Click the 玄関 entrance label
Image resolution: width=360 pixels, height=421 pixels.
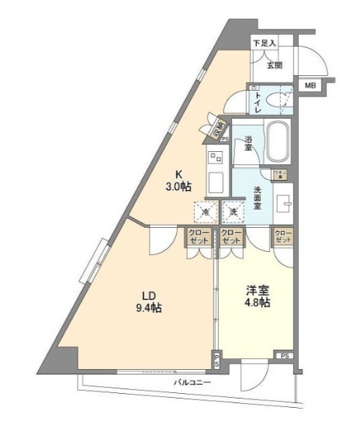(275, 65)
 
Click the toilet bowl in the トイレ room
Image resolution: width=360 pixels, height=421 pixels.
(275, 98)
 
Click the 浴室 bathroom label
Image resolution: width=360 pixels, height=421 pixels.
(248, 144)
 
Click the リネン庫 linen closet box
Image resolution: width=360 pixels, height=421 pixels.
(278, 174)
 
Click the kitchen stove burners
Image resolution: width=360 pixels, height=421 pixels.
(215, 158)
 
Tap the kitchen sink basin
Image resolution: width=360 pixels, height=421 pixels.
(216, 185)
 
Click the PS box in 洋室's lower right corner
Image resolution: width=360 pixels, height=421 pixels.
(286, 357)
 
